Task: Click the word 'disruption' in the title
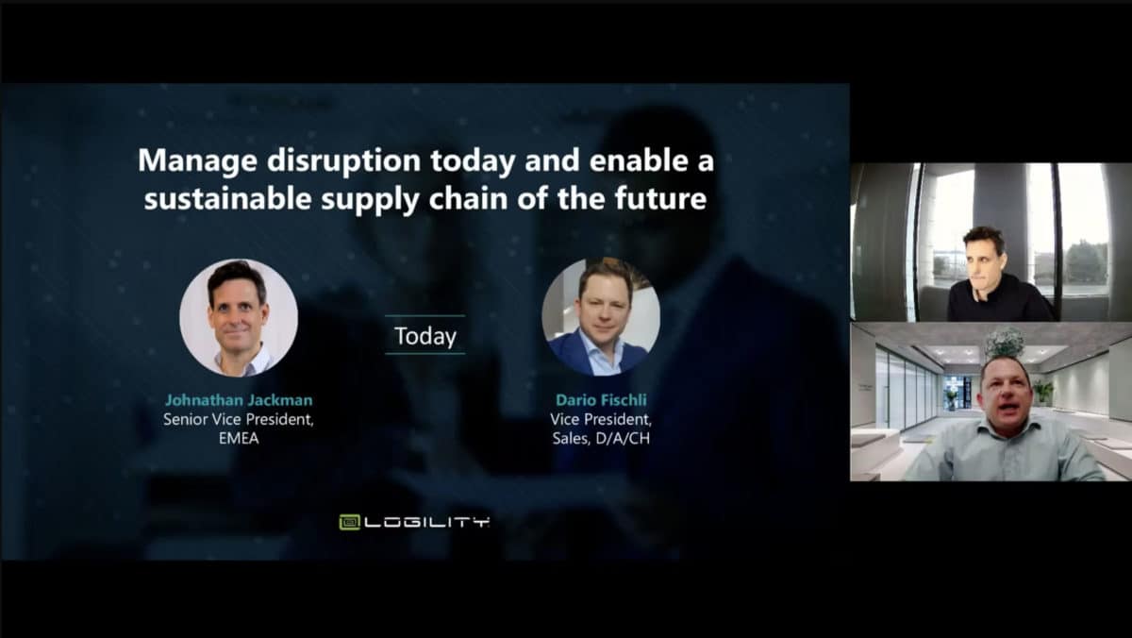[343, 160]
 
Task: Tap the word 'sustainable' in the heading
[227, 199]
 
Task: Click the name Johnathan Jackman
[239, 400]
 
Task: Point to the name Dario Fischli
[601, 400]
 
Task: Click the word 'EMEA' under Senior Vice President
[239, 438]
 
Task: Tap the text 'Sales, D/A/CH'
[601, 438]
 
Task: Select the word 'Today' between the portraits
[425, 336]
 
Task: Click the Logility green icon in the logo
[349, 522]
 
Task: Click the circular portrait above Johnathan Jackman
[239, 318]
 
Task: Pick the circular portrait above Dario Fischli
[601, 317]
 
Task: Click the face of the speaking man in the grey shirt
[1004, 395]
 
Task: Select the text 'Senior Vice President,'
[239, 420]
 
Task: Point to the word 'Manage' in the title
[197, 160]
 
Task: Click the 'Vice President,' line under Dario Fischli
[601, 420]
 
